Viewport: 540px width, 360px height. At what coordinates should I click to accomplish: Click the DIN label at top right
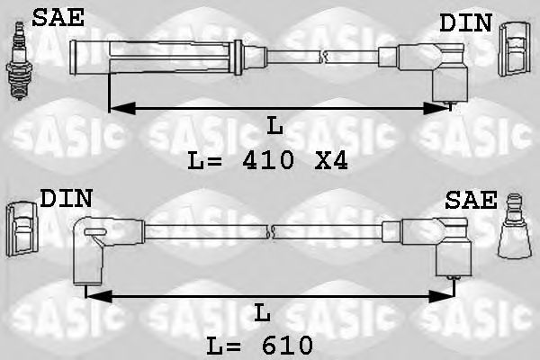tap(465, 22)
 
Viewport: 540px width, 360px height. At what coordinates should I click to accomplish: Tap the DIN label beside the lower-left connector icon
tap(65, 198)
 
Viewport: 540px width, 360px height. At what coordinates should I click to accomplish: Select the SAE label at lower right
tap(470, 200)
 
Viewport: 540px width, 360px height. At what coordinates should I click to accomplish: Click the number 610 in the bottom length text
tap(285, 345)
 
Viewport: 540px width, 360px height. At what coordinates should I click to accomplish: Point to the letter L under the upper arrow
tap(275, 127)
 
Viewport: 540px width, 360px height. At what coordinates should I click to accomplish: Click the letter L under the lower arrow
tap(262, 313)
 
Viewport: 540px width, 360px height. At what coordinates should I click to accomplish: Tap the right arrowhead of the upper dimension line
tap(441, 109)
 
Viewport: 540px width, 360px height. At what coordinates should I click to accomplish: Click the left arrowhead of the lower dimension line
tap(94, 295)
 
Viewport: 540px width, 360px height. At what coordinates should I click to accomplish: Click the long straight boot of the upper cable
tap(171, 53)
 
